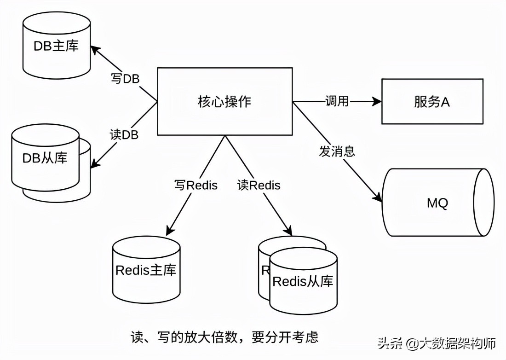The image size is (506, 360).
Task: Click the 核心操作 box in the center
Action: tap(224, 101)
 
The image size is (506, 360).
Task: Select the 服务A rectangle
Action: tap(432, 102)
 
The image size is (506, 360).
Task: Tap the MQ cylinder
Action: tap(437, 203)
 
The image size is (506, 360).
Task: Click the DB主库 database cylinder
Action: tap(56, 46)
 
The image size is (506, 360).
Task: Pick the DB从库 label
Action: tap(45, 158)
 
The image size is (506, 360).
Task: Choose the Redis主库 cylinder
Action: tap(146, 269)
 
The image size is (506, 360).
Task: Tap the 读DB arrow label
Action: tap(124, 134)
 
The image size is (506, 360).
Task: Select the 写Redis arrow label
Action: tap(195, 185)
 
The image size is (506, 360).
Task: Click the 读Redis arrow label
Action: tap(259, 185)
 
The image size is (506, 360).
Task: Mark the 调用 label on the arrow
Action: tap(337, 101)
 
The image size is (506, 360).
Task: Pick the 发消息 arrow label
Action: tap(337, 151)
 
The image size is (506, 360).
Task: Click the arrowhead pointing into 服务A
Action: tap(377, 101)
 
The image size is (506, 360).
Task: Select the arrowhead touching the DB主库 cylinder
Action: tap(94, 48)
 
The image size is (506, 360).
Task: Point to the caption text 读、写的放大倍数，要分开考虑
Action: tap(224, 337)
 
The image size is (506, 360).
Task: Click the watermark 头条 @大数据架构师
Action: tap(437, 343)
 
